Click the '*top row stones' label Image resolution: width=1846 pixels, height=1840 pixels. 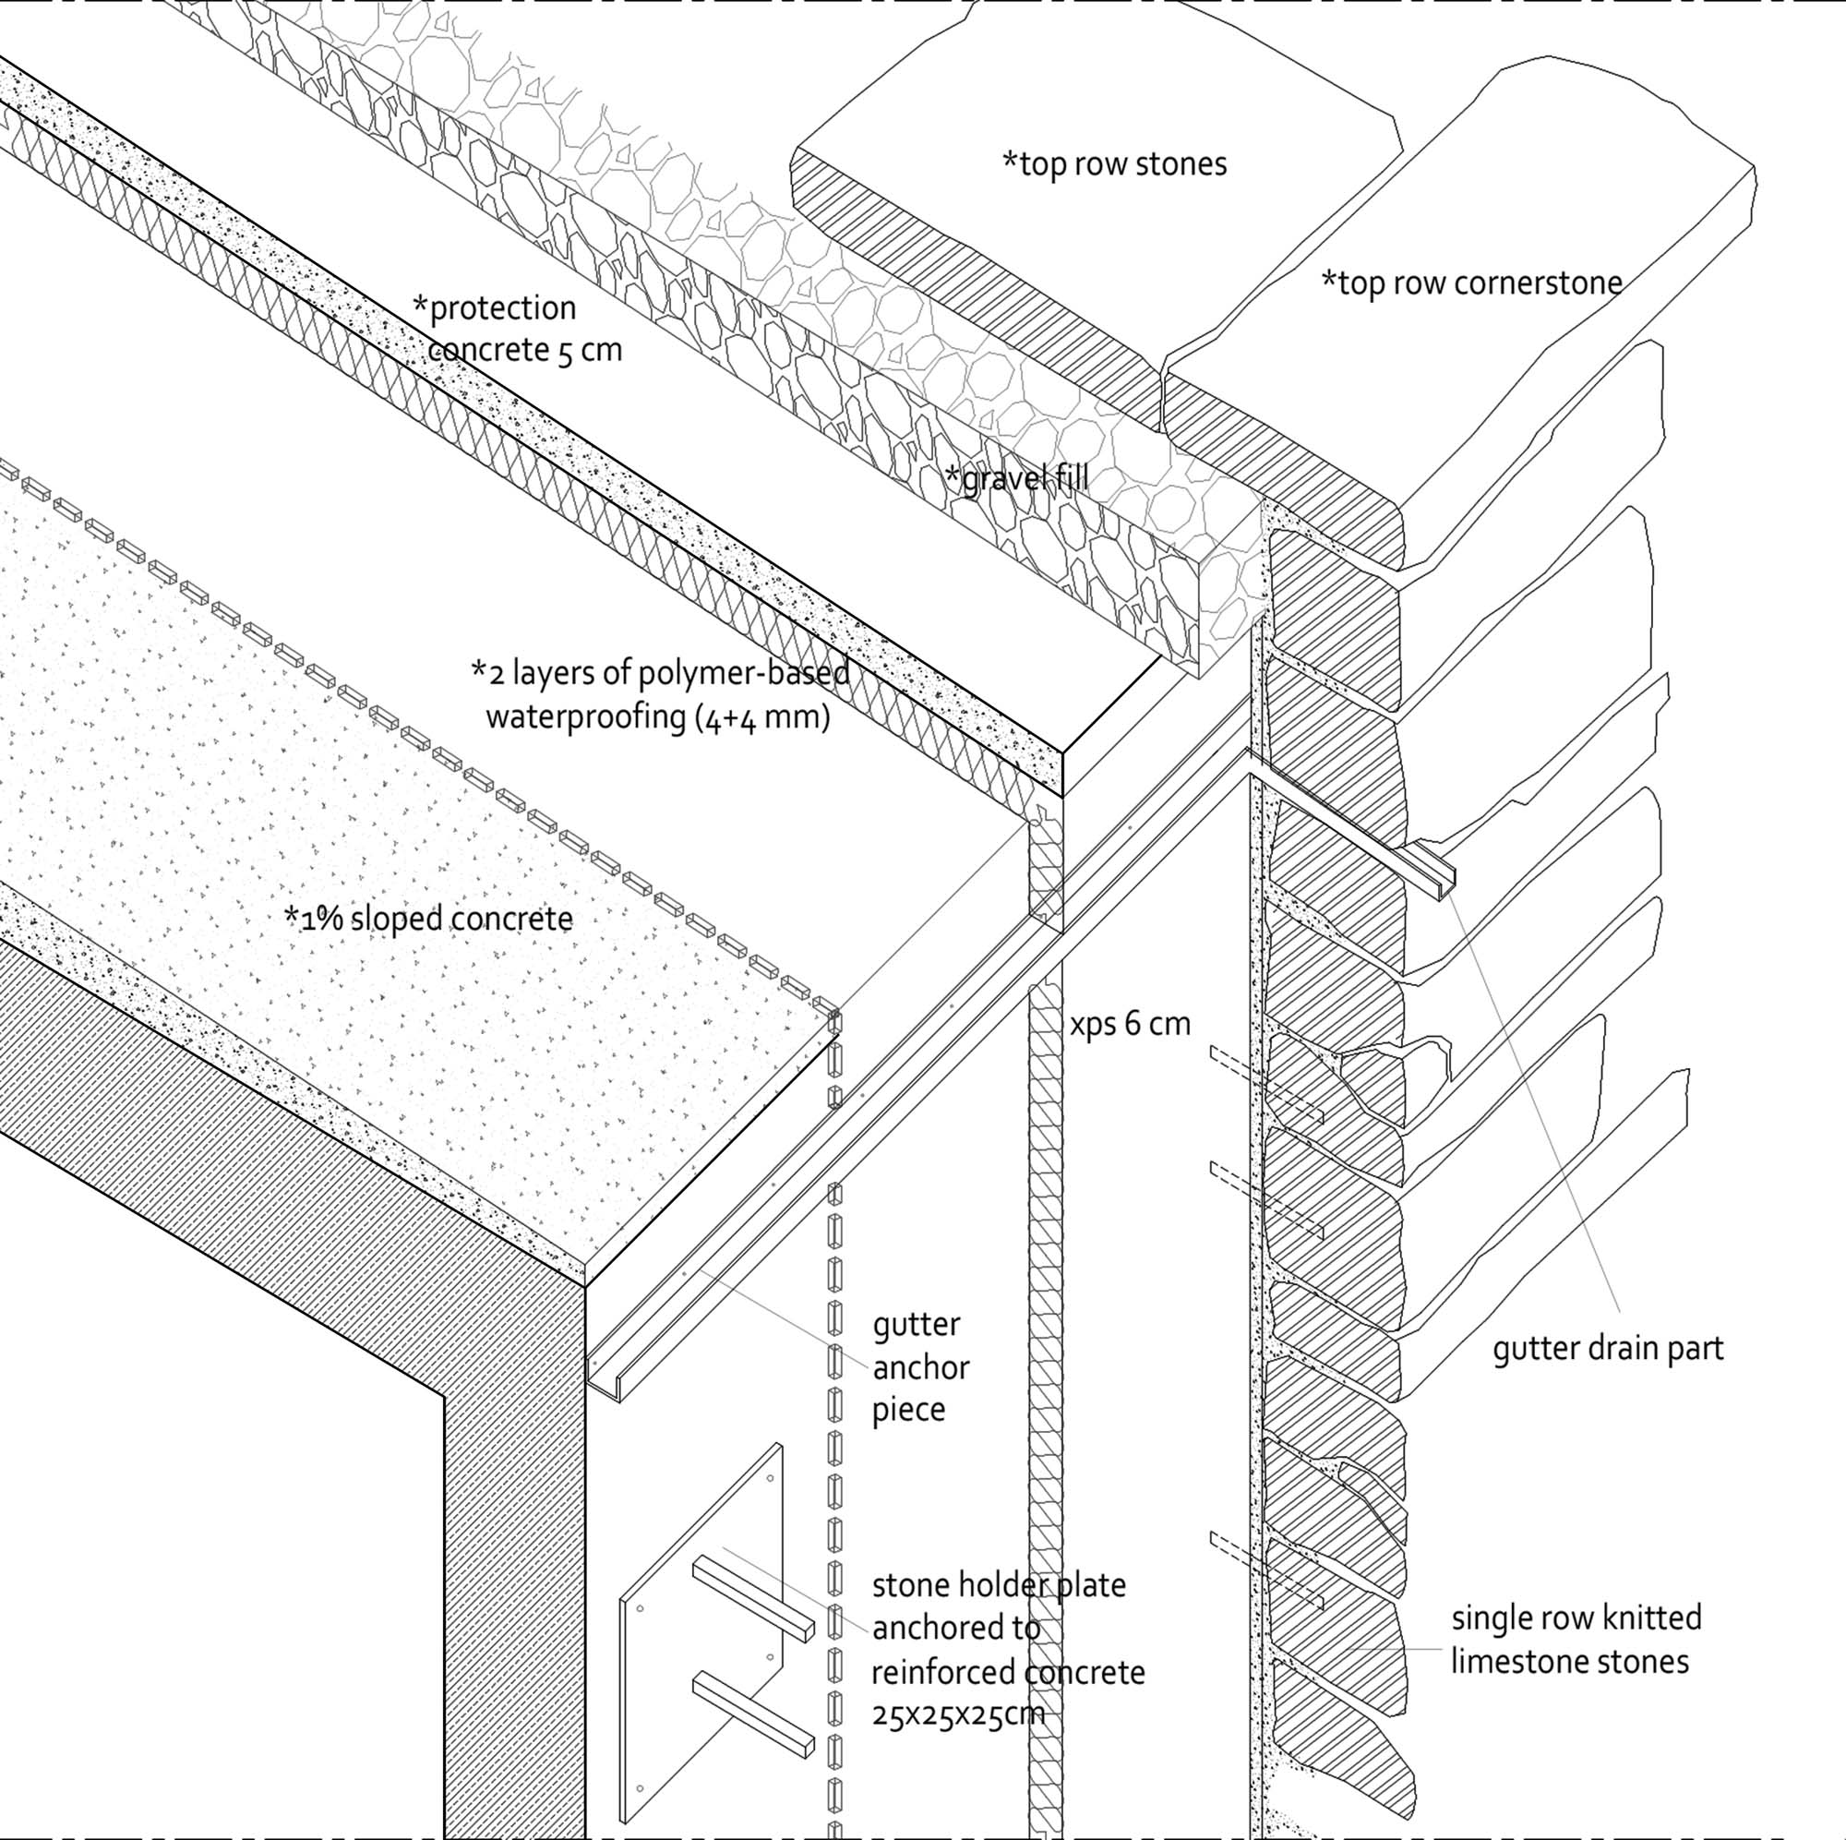point(1114,164)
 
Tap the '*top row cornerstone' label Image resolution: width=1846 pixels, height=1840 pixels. point(1471,283)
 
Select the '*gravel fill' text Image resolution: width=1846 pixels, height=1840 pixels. point(1016,478)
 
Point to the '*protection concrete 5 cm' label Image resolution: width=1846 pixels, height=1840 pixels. point(516,329)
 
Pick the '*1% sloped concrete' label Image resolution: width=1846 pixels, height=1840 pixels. point(429,919)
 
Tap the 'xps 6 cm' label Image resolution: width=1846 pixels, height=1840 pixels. point(1130,1024)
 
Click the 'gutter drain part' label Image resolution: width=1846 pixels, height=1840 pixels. point(1608,1349)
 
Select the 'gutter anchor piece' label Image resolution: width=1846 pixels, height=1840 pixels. point(920,1367)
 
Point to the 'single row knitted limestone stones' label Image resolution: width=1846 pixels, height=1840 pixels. point(1576,1641)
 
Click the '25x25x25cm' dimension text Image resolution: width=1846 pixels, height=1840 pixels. point(958,1714)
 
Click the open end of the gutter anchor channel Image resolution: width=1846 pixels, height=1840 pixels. point(605,1377)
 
